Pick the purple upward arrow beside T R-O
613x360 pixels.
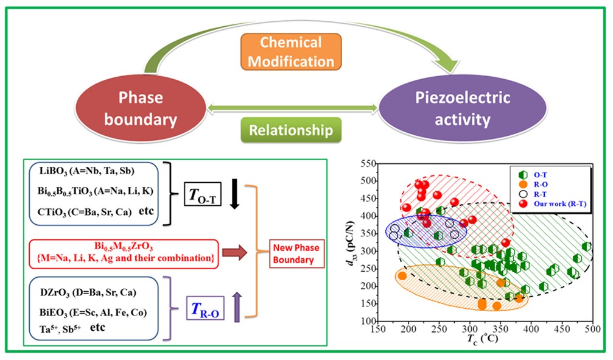pyautogui.click(x=238, y=305)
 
